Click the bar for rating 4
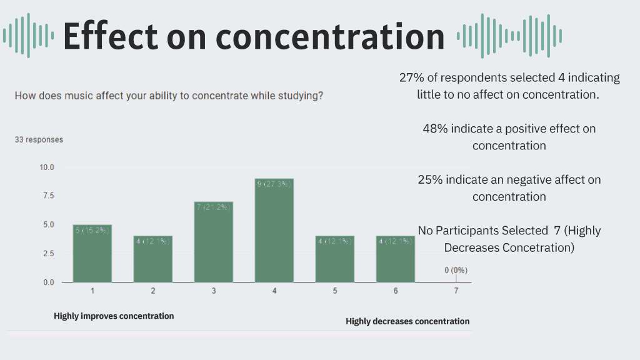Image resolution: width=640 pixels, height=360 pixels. tap(274, 231)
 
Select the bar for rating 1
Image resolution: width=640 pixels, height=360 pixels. tap(92, 253)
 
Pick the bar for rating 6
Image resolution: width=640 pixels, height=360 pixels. tap(396, 259)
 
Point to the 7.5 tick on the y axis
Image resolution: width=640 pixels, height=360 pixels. tap(47, 196)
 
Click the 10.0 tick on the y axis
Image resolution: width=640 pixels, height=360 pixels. tap(47, 167)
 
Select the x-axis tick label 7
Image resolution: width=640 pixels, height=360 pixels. tap(456, 291)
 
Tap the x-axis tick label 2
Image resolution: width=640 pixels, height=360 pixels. tap(153, 291)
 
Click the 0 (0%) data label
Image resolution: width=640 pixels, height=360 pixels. tap(456, 270)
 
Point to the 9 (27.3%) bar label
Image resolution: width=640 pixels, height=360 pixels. tap(274, 184)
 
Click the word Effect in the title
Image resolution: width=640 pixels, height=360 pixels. tap(110, 36)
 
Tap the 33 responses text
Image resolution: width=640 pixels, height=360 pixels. tap(39, 140)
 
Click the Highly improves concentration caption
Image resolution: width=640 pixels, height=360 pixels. tap(114, 316)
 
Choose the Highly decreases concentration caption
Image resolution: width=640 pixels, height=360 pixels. tap(407, 321)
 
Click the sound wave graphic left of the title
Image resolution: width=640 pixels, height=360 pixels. tap(28, 36)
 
